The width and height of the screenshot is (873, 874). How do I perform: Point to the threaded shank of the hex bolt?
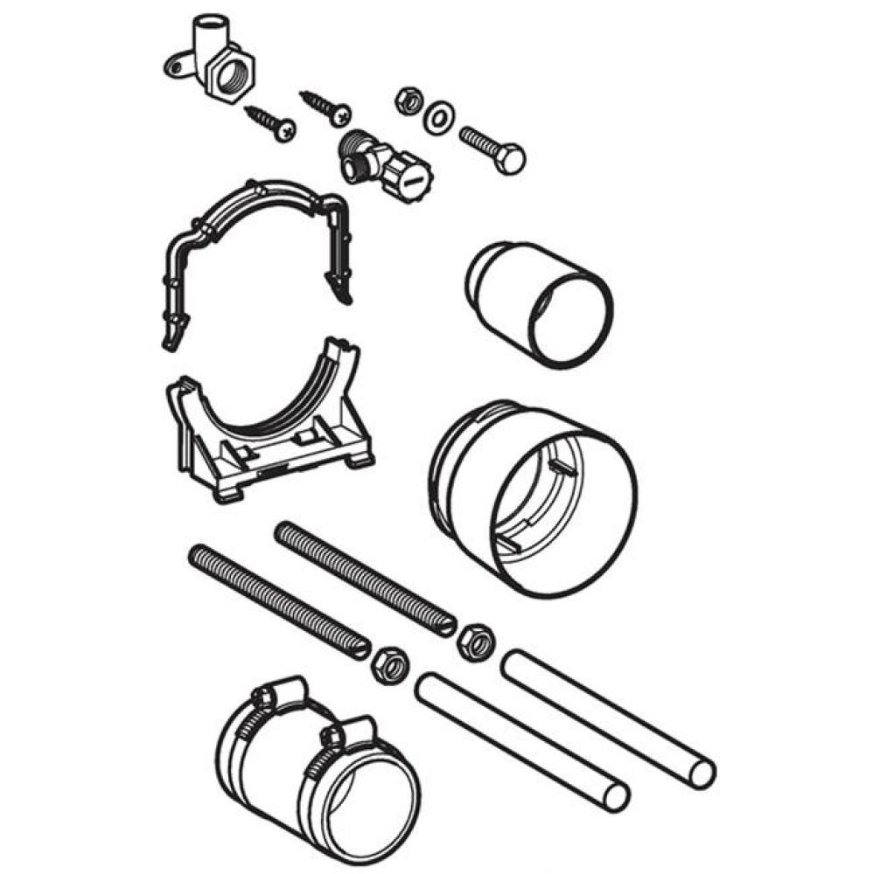(478, 142)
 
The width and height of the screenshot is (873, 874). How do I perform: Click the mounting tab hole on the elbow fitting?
(172, 62)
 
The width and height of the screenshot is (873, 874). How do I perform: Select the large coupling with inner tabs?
(534, 498)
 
